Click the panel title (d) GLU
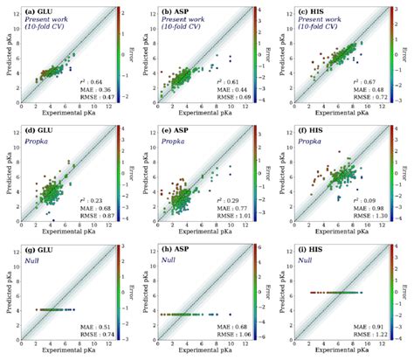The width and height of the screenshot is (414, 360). pyautogui.click(x=43, y=129)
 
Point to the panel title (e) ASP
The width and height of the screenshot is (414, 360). pyautogui.click(x=181, y=129)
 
